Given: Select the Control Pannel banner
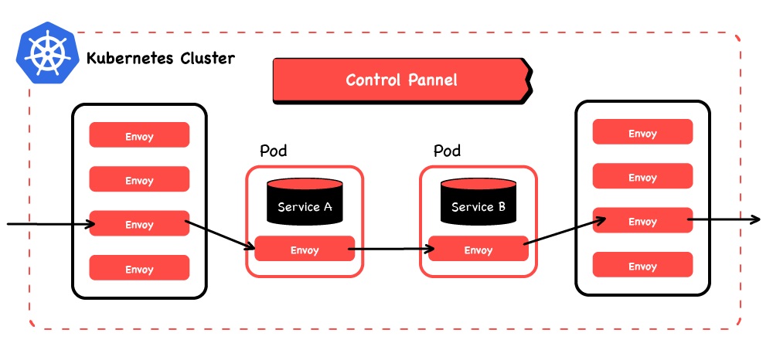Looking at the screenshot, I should (401, 80).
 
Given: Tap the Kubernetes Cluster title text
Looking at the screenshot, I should (161, 59).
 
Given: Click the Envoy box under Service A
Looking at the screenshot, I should (305, 250).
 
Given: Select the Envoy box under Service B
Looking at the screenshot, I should (478, 250).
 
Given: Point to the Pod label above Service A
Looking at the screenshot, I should (273, 151).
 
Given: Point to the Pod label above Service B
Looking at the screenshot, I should (447, 151).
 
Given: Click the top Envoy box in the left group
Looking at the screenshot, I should (139, 136).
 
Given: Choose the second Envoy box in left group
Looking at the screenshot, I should (139, 180).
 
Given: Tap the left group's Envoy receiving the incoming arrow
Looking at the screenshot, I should (139, 224).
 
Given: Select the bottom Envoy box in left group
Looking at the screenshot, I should (139, 269).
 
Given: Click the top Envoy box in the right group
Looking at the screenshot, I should (642, 133).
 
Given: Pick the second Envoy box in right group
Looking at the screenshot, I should (642, 177).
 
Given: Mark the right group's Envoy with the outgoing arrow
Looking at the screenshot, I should (642, 221).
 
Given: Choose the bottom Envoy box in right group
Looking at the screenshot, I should (642, 266).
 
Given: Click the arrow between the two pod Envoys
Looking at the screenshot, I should (391, 250).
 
